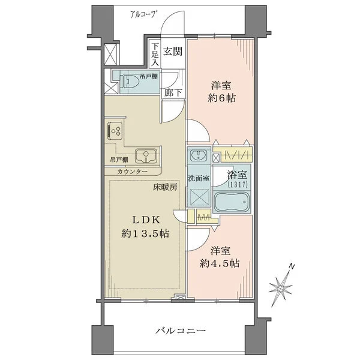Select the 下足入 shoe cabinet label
pyautogui.click(x=155, y=53)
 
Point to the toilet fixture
pyautogui.click(x=131, y=83)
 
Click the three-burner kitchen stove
pyautogui.click(x=115, y=130)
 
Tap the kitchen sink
pyautogui.click(x=145, y=157)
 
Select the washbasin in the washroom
pyautogui.click(x=197, y=156)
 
